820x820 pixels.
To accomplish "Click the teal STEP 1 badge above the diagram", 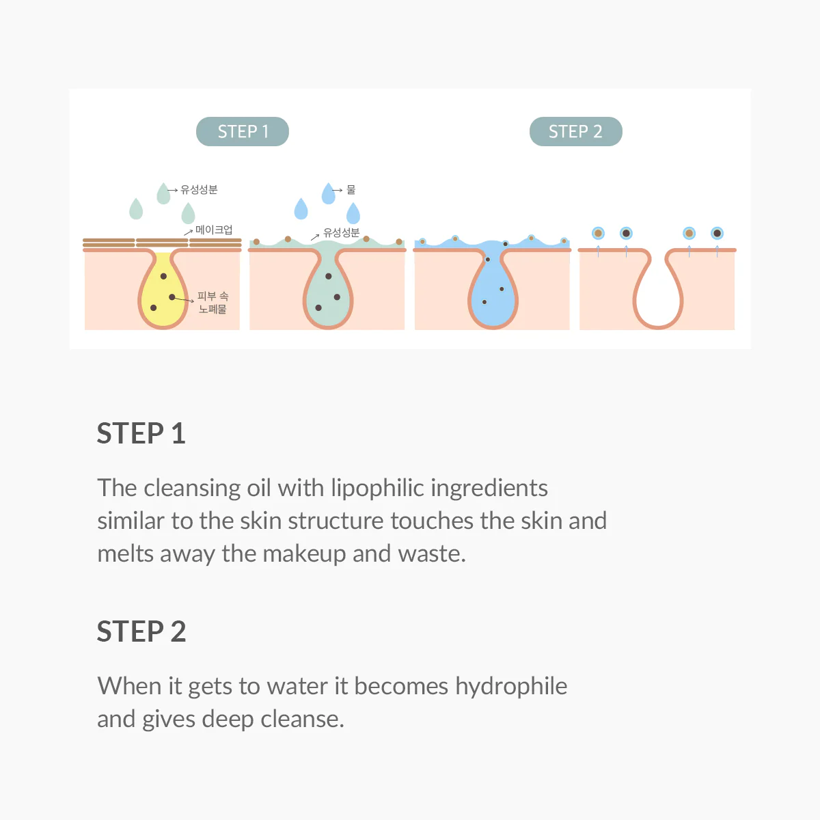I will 243,132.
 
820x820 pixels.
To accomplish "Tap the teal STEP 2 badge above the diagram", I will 575,132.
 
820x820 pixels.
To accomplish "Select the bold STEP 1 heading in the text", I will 141,434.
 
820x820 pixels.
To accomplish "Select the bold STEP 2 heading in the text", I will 141,632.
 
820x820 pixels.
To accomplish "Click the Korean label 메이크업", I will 214,230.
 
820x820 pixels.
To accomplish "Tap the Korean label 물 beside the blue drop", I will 351,189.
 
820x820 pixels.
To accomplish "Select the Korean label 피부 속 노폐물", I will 213,303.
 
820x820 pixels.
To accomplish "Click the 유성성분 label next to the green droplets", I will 199,189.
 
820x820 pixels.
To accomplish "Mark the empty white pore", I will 657,294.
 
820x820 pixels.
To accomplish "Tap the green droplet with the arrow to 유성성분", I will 163,193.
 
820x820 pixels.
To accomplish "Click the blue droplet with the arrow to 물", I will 328,193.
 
